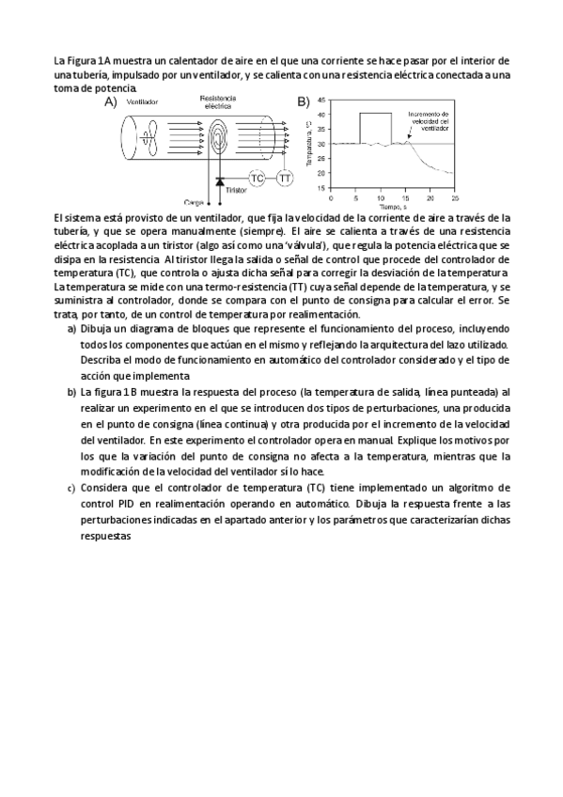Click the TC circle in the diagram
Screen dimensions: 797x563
point(257,178)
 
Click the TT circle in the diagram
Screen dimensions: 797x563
point(284,178)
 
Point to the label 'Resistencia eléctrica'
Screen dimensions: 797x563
point(218,102)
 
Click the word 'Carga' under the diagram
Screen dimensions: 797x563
point(194,201)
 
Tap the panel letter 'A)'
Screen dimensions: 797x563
point(110,101)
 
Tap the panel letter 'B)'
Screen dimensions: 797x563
point(303,101)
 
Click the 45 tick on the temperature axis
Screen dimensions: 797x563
point(321,100)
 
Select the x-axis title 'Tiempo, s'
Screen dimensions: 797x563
point(392,207)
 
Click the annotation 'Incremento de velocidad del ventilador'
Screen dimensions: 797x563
point(430,121)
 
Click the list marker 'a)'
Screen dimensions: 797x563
point(71,330)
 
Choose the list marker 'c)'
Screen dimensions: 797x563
point(71,489)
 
